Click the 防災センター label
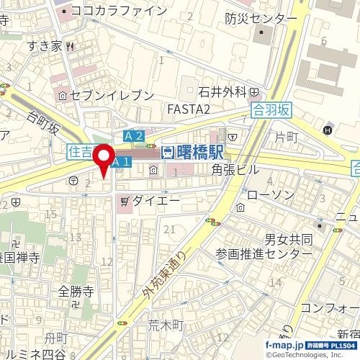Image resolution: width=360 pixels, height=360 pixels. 260,17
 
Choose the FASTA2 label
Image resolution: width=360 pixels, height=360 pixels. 188,109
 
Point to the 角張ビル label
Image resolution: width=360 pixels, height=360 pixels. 235,169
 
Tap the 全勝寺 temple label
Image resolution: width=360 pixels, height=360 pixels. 77,291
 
